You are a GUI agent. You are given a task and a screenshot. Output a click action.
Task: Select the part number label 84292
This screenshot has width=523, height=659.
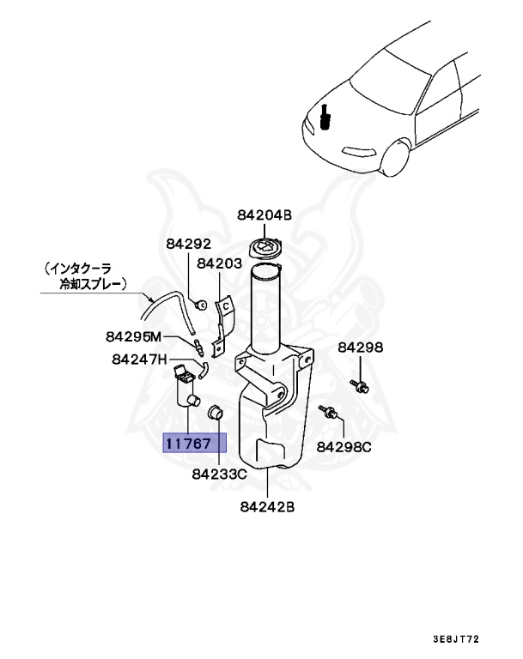pos(188,244)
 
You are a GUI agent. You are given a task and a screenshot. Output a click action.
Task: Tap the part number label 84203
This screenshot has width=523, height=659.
pos(219,264)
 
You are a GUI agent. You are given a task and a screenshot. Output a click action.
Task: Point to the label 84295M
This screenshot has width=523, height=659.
pos(134,336)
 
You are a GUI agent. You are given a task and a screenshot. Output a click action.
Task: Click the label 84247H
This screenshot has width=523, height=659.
pos(139,360)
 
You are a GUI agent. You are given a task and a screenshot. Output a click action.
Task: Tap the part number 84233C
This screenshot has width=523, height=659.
pos(219,473)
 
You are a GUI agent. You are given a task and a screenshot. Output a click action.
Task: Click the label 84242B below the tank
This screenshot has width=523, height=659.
pos(267,506)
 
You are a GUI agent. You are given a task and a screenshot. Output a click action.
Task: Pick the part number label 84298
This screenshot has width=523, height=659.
pos(360,348)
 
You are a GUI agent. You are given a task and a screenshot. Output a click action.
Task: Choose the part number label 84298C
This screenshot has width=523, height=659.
pos(344,446)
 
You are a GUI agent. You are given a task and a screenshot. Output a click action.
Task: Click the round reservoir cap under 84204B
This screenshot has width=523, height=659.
pos(265,250)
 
